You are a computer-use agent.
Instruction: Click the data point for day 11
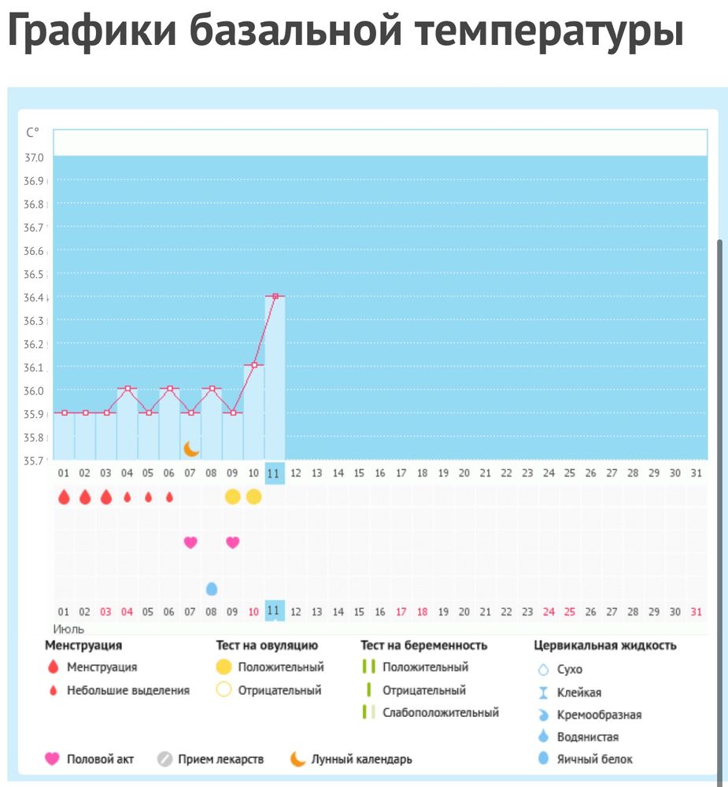tap(275, 296)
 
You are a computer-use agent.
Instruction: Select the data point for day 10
tap(253, 365)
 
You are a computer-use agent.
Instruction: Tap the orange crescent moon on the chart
tap(191, 449)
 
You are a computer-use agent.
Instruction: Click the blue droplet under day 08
tap(211, 588)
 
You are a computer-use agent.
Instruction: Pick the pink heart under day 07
tap(190, 542)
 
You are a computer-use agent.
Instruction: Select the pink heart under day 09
tap(232, 542)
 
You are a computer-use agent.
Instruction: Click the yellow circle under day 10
tap(253, 497)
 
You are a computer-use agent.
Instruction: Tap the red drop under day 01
tap(64, 497)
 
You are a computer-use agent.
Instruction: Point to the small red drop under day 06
tap(169, 497)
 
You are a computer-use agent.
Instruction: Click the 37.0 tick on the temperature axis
tap(35, 158)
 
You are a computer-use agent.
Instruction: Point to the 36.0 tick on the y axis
tap(35, 391)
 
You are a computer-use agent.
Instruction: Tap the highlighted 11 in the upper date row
tap(274, 473)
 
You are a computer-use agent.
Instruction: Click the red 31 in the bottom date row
tap(695, 611)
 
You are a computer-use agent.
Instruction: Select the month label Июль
tap(68, 629)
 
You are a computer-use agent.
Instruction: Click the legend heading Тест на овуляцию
tap(267, 645)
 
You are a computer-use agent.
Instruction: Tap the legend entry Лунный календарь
tap(361, 759)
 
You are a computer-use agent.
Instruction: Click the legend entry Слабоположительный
tap(440, 712)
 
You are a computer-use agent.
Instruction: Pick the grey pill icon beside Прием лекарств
tap(164, 759)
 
